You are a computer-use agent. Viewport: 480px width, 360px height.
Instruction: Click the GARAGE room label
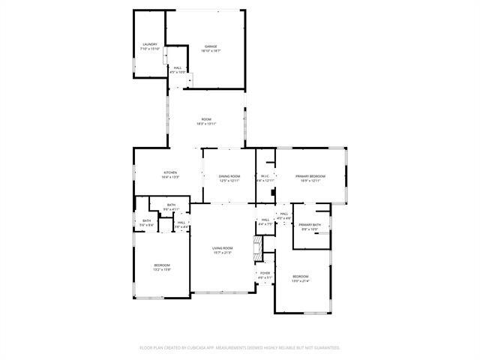211,46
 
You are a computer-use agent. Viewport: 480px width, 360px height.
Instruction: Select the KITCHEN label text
170,172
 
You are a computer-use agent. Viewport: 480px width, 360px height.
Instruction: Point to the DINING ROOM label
229,176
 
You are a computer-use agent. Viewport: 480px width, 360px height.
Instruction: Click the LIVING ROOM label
223,248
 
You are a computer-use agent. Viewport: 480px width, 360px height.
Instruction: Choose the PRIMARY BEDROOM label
310,176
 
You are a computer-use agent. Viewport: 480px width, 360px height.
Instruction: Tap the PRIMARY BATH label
310,225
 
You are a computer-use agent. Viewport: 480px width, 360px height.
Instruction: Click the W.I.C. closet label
265,176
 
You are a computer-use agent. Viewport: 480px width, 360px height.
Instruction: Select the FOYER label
265,272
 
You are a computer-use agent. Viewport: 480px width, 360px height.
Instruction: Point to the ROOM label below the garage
205,119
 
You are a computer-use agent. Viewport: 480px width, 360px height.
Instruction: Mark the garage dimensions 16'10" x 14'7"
211,51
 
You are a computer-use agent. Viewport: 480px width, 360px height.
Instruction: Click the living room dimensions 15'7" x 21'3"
223,253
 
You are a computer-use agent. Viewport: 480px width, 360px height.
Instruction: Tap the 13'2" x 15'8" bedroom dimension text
162,270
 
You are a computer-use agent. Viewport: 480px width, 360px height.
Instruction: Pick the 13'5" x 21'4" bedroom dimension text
300,281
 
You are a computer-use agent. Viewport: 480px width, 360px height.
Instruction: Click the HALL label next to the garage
177,68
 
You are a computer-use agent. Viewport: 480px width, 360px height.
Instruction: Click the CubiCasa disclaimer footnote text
240,347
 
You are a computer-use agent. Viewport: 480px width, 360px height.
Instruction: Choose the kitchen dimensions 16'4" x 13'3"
170,177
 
